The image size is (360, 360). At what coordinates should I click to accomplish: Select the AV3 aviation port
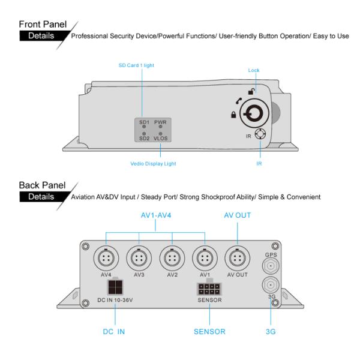tap(139, 259)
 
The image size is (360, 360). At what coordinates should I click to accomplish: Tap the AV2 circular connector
tap(172, 259)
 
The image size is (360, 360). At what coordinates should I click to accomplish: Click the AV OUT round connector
tap(237, 259)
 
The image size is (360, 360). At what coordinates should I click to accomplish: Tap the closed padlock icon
tap(232, 113)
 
